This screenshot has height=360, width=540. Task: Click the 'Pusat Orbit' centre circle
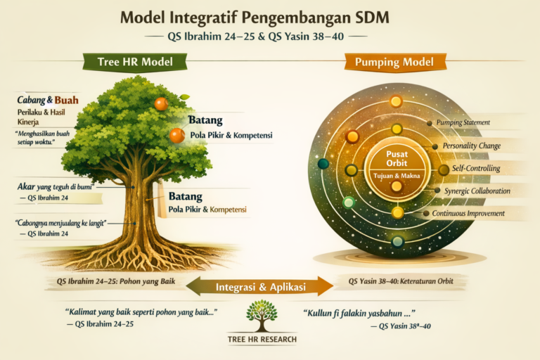coord(397,162)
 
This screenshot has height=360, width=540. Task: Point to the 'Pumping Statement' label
coord(463,122)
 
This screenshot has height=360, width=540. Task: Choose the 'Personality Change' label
coord(470,146)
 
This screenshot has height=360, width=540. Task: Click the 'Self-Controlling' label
coord(475,169)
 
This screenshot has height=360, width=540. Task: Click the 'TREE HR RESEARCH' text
coord(262,340)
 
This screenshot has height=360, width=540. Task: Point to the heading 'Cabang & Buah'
coord(48,100)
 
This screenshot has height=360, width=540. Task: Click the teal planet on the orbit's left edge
coord(323,164)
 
